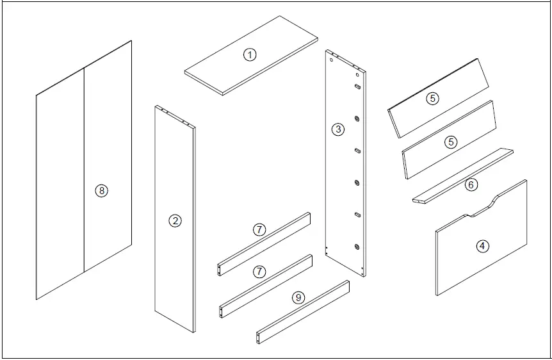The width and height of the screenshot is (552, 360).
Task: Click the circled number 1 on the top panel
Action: point(250,55)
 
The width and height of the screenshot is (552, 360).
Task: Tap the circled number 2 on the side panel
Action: point(174,221)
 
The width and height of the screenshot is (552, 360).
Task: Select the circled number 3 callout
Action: point(338,129)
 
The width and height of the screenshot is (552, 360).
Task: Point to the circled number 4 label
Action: point(483,245)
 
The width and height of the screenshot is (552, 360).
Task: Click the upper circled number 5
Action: point(433,99)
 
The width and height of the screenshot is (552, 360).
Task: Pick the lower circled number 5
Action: point(451,142)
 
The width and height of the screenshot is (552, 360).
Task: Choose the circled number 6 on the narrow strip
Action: point(471,185)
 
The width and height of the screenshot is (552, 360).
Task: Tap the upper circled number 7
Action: point(259,230)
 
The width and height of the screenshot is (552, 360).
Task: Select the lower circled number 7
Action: point(259,272)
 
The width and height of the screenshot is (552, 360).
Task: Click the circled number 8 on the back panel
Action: point(101,190)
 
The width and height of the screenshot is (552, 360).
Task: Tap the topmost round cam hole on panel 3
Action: point(356,119)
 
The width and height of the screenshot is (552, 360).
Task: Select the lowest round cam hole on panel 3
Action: point(356,246)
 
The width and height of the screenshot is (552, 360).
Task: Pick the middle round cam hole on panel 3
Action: point(356,183)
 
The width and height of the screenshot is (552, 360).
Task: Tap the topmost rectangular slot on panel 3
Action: point(357,86)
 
